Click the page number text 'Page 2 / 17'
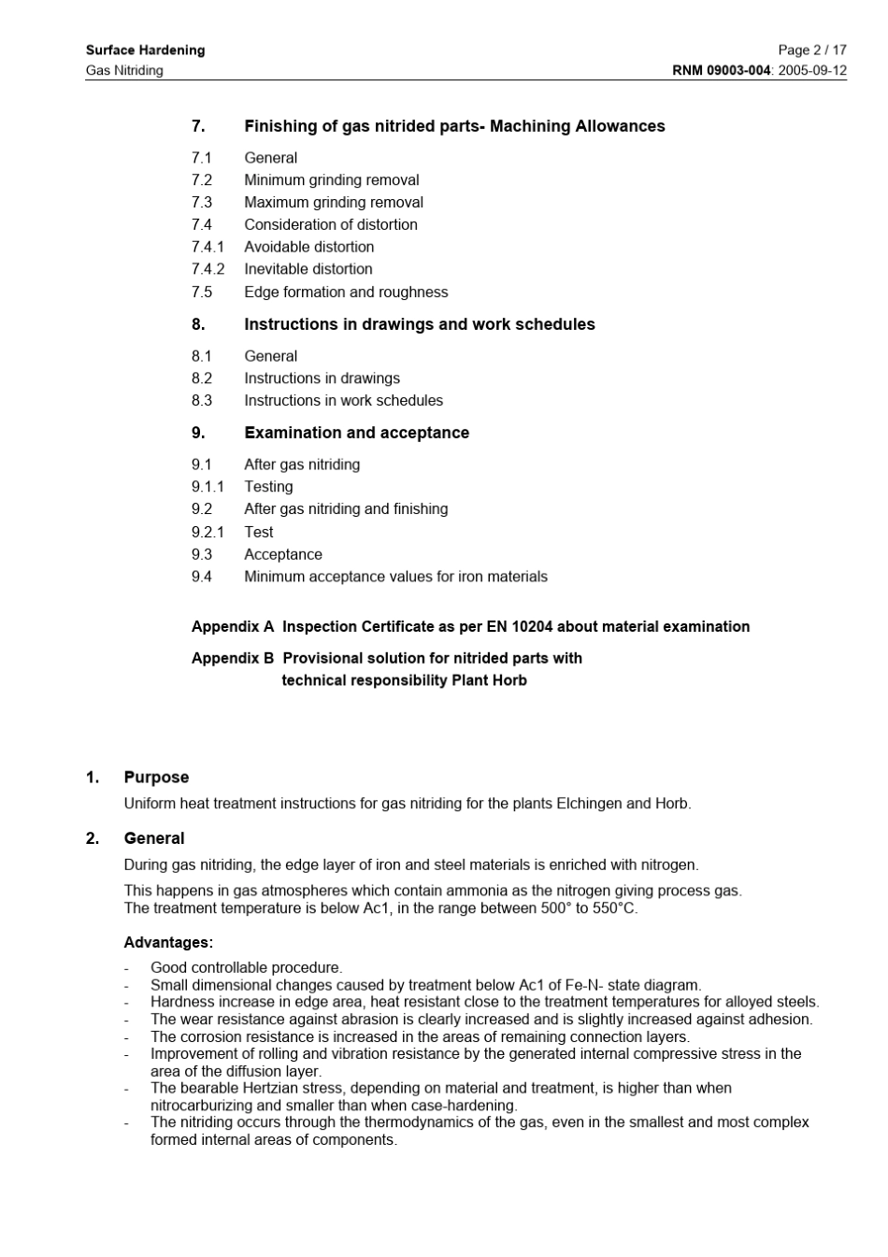coord(811,50)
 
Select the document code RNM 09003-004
coord(722,71)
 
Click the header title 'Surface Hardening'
coord(145,50)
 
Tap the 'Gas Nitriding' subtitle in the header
coord(124,71)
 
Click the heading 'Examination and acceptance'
coord(356,433)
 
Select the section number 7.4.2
coord(208,269)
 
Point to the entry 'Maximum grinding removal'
coord(333,203)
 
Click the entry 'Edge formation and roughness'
coord(346,293)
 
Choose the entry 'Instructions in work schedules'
coord(343,401)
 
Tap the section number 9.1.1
coord(208,487)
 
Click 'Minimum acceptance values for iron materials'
coord(395,577)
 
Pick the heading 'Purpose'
coord(156,778)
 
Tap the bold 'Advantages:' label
coord(168,943)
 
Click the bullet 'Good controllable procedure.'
coord(246,968)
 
